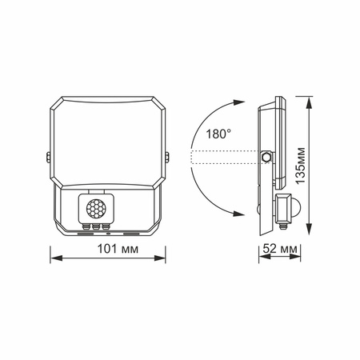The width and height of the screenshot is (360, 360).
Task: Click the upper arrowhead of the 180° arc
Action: coord(238,102)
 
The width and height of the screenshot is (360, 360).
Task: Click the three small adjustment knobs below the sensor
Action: coord(92,226)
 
